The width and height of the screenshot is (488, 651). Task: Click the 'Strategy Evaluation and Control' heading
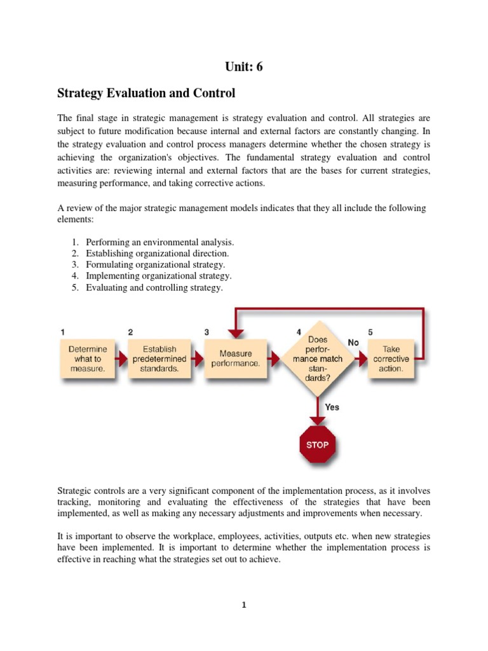click(x=146, y=93)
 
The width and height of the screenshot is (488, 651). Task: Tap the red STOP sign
click(x=317, y=445)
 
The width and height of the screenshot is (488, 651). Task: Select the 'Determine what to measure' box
click(x=88, y=359)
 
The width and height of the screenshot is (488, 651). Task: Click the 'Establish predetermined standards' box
click(x=159, y=359)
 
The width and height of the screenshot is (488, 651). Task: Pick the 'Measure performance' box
click(x=235, y=359)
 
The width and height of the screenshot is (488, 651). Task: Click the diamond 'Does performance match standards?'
click(x=317, y=359)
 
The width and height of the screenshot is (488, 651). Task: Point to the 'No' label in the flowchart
click(x=354, y=343)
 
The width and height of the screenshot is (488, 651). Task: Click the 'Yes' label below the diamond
click(x=332, y=407)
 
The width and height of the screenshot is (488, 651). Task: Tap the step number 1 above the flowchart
click(x=62, y=332)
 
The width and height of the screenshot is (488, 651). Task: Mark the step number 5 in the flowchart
click(x=370, y=332)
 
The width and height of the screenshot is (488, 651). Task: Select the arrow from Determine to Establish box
click(x=122, y=359)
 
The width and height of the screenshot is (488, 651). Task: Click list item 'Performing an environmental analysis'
click(x=160, y=242)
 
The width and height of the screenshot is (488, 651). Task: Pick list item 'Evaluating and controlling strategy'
click(x=154, y=288)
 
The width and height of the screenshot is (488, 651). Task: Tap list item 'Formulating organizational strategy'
click(x=156, y=265)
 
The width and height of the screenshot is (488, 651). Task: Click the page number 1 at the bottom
click(x=243, y=605)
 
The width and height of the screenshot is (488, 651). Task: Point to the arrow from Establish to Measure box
click(x=197, y=359)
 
